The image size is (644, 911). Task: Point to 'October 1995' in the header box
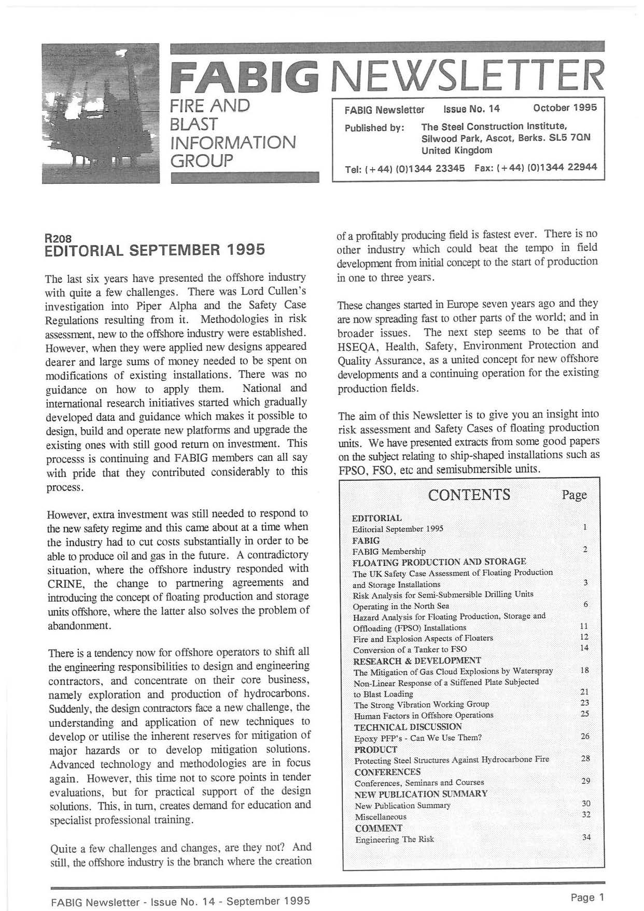[x=565, y=108]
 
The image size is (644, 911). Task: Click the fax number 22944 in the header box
[x=582, y=167]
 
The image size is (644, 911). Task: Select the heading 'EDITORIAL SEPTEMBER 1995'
[x=156, y=250]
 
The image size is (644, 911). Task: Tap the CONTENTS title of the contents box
[x=469, y=494]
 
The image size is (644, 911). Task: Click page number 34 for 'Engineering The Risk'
[x=586, y=837]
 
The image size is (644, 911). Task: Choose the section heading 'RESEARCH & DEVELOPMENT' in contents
[x=417, y=661]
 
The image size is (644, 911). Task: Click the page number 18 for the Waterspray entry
[x=585, y=670]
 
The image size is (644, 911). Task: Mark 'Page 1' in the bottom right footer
[x=587, y=896]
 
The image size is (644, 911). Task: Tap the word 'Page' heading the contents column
[x=575, y=495]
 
